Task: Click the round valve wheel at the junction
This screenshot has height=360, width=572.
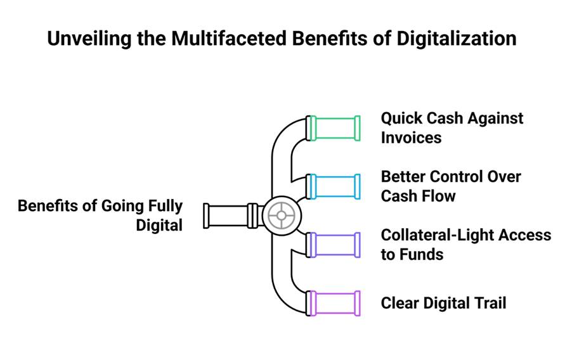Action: click(x=282, y=215)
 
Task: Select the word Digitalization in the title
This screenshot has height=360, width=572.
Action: click(x=457, y=39)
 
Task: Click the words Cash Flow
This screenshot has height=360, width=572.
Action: click(x=419, y=196)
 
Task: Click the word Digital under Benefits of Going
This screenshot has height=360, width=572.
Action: click(x=159, y=225)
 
